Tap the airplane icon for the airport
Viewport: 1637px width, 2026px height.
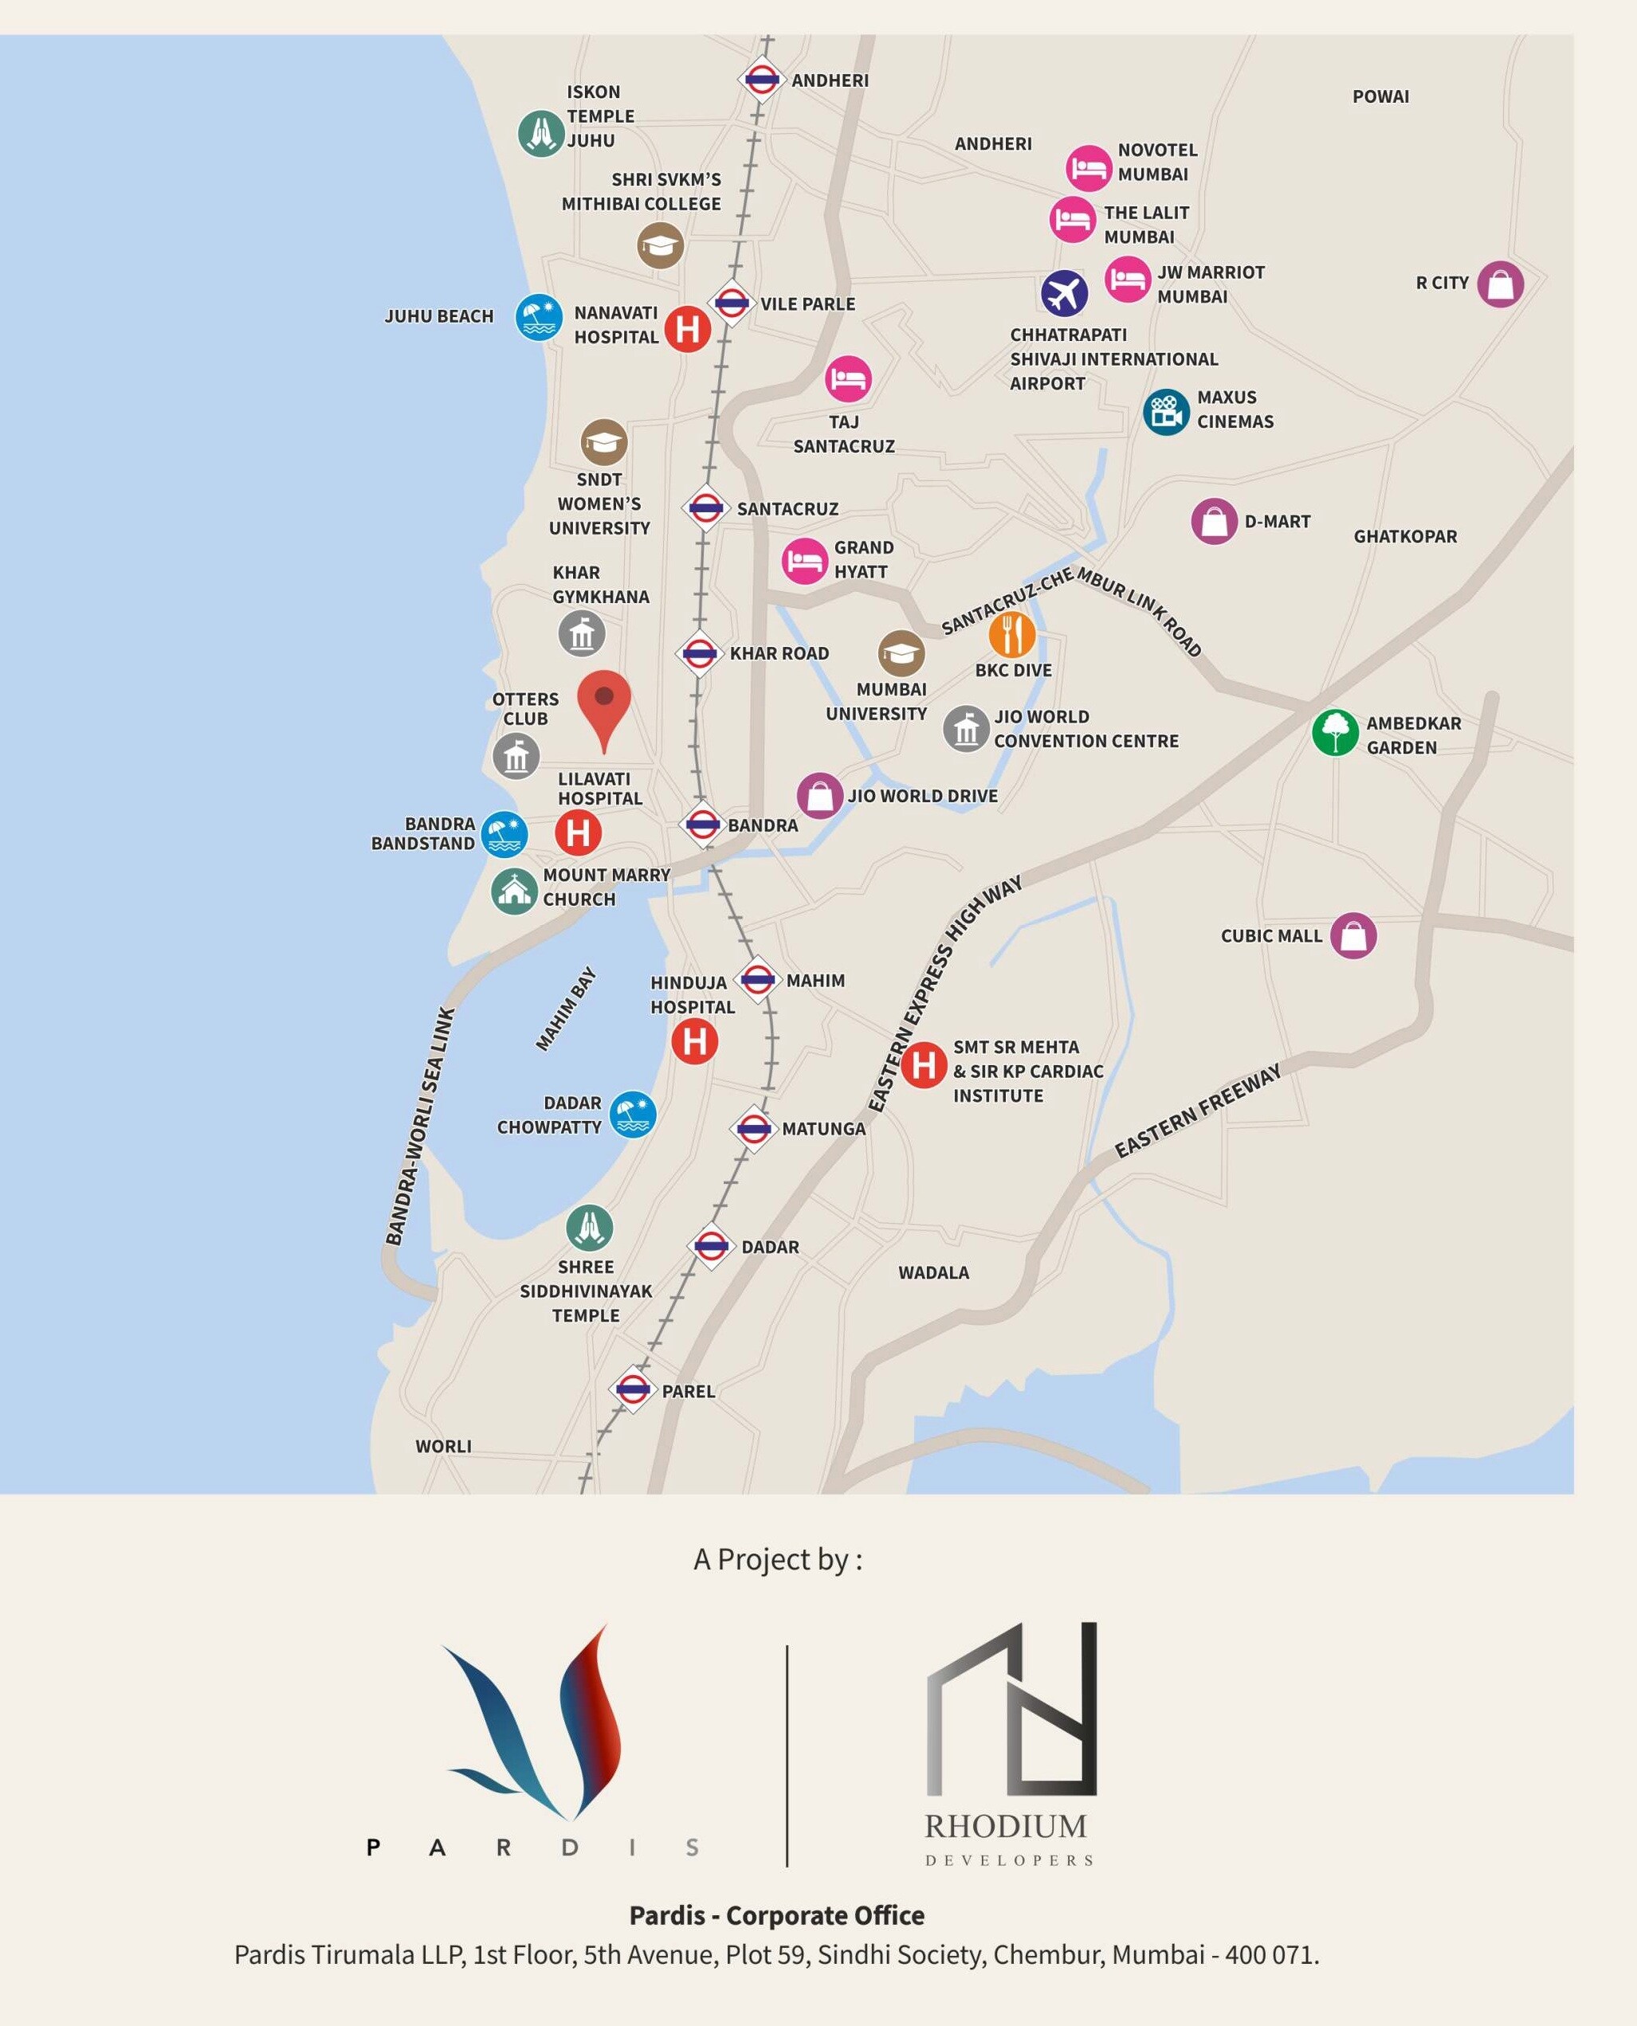pyautogui.click(x=1064, y=293)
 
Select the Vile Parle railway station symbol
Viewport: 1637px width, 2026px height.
pyautogui.click(x=731, y=304)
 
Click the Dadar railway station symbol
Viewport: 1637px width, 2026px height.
pyautogui.click(x=711, y=1246)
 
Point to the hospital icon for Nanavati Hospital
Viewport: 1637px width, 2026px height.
pyautogui.click(x=688, y=329)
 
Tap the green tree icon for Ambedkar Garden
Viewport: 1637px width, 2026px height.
pyautogui.click(x=1335, y=732)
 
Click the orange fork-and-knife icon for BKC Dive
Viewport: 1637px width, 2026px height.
pyautogui.click(x=1012, y=634)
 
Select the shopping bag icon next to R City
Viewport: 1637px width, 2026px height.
pyautogui.click(x=1500, y=284)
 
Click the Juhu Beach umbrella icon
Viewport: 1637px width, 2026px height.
pyautogui.click(x=539, y=317)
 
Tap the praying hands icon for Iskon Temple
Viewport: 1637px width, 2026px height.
pyautogui.click(x=541, y=134)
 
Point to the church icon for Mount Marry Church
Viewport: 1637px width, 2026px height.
pyautogui.click(x=514, y=890)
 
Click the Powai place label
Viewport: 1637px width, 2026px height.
pyautogui.click(x=1380, y=97)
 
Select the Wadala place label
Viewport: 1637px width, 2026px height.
pyautogui.click(x=933, y=1273)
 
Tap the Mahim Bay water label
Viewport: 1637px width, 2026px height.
pyautogui.click(x=566, y=1009)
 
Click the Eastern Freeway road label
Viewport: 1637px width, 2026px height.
pyautogui.click(x=1198, y=1111)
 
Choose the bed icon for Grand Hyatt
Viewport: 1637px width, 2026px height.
pyautogui.click(x=804, y=561)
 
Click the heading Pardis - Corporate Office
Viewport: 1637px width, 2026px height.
pyautogui.click(x=777, y=1916)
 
